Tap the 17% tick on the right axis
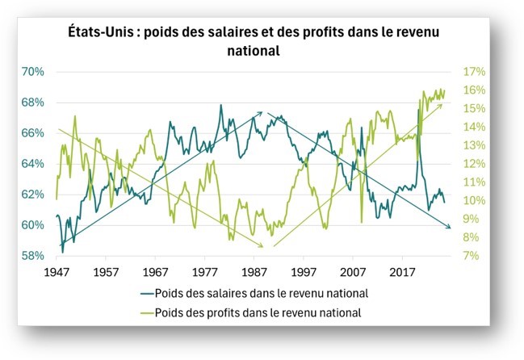(472, 72)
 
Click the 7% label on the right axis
(470, 256)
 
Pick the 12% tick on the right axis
(472, 164)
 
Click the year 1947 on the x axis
(57, 272)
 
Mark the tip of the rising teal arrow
(263, 112)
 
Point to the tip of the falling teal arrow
(451, 228)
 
